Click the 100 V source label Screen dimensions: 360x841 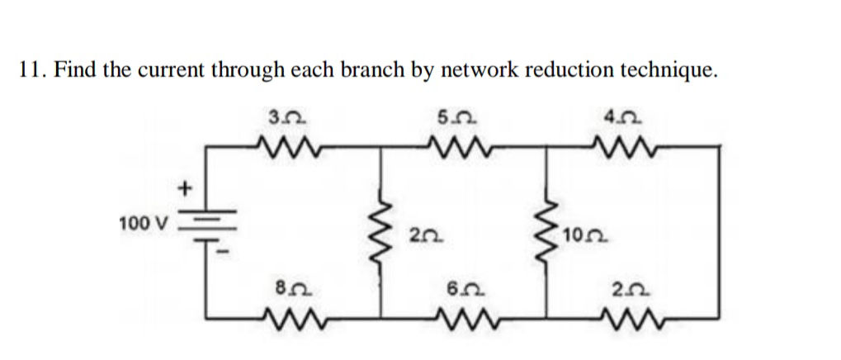143,223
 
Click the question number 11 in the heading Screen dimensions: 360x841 31,70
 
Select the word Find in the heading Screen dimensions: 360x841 77,70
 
